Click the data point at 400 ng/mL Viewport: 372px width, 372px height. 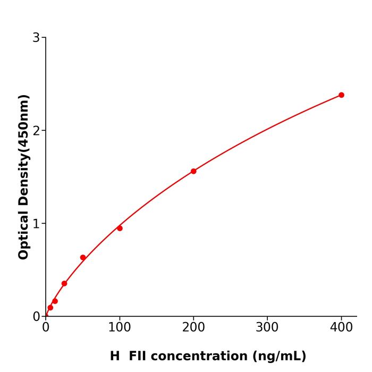(x=341, y=95)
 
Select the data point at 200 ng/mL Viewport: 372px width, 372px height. (x=193, y=171)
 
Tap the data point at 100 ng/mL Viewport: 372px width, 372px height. (x=120, y=228)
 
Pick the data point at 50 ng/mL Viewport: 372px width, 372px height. (x=83, y=258)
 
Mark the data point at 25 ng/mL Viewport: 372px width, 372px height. (x=64, y=283)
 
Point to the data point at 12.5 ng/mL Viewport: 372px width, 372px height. (x=55, y=301)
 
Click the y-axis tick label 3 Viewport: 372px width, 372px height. (x=36, y=38)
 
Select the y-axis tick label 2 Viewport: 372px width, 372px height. (x=36, y=131)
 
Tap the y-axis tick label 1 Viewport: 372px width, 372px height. (x=36, y=224)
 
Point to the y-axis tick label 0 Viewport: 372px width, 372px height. (x=36, y=317)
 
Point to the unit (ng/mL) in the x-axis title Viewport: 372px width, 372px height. (x=280, y=356)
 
